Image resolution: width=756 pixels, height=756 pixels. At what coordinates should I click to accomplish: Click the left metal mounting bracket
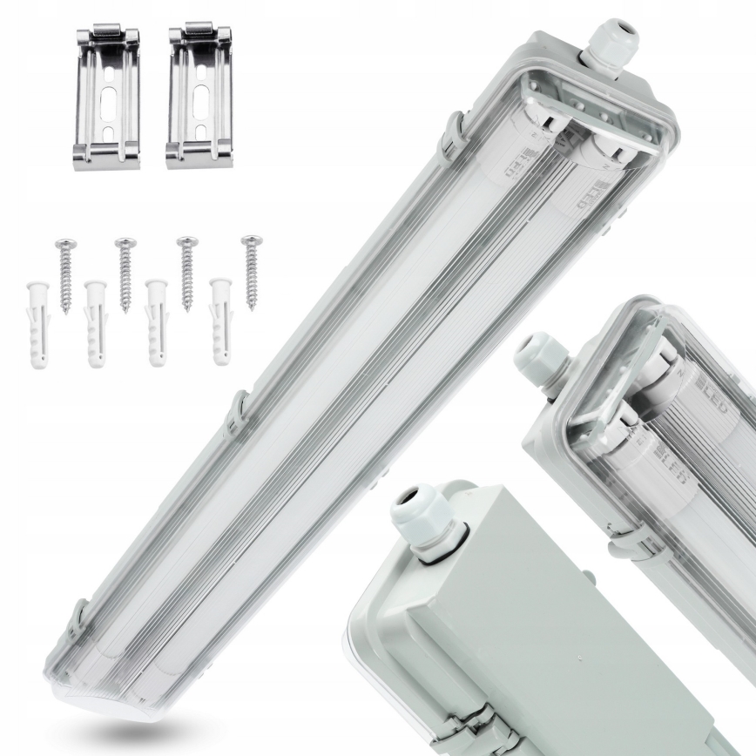point(107,98)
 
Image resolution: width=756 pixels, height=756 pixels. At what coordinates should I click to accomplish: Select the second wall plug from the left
point(96,325)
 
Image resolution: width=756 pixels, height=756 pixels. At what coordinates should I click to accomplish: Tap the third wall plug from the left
point(157,323)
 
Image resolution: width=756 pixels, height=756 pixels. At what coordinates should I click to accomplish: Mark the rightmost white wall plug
point(219,321)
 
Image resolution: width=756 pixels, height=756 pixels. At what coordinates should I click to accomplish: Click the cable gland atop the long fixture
point(611,43)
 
